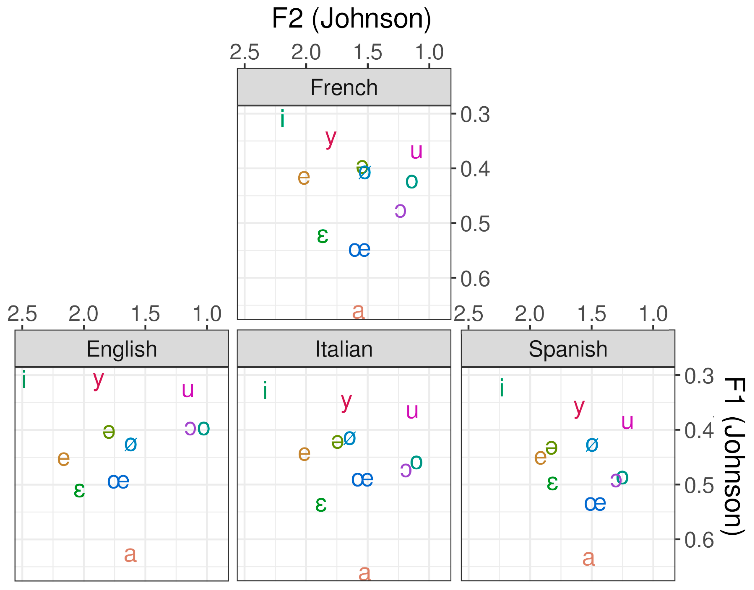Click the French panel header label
pos(343,87)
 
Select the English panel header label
pos(122,349)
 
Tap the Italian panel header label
pos(343,349)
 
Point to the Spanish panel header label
pos(568,349)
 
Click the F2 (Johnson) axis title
pos(351,19)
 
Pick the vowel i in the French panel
pos(282,119)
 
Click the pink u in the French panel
pos(416,152)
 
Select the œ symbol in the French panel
pos(359,250)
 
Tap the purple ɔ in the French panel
pos(400,211)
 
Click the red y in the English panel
pos(98,380)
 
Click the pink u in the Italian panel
pos(412,411)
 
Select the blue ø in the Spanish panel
pos(592,445)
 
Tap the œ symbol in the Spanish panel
pos(595,504)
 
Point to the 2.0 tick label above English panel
pos(83,314)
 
